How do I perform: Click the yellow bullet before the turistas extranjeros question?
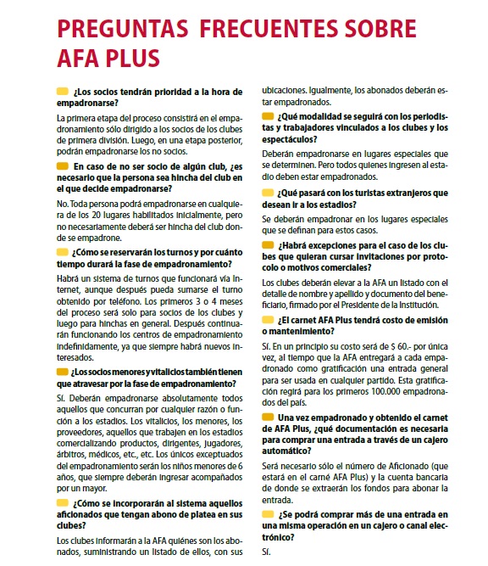coord(269,193)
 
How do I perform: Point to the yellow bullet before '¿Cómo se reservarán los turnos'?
coord(63,251)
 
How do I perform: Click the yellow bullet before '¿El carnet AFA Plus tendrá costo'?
coord(269,320)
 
